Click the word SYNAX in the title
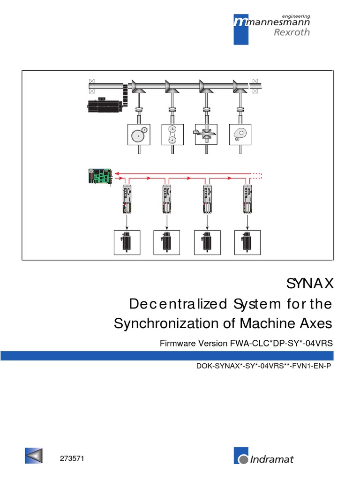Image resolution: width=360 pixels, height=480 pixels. pos(309,284)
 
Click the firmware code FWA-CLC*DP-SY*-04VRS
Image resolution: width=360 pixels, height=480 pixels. pos(281,343)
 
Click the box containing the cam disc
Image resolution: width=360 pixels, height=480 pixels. pos(240,135)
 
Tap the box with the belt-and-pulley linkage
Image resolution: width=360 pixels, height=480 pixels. pos(173,135)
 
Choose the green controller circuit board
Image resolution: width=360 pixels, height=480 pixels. pos(99,176)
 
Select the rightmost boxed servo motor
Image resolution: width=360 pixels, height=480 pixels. pos(247,242)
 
